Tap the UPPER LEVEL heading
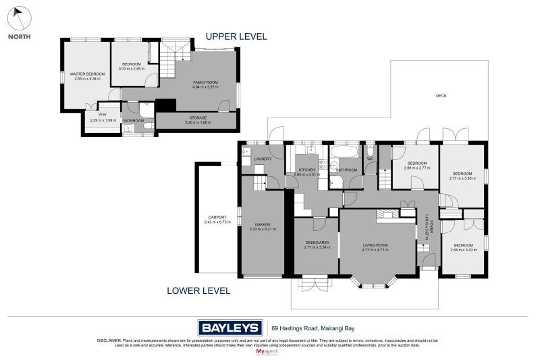(236, 36)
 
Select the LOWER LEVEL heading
(198, 291)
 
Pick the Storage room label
(198, 118)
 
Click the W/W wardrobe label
(103, 115)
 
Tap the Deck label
(441, 96)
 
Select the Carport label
(217, 217)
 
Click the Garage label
(263, 224)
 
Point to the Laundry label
(263, 159)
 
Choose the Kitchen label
(308, 170)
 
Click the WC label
(370, 159)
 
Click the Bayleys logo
(230, 328)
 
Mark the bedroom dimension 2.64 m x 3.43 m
(463, 250)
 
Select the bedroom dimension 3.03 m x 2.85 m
(132, 69)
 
